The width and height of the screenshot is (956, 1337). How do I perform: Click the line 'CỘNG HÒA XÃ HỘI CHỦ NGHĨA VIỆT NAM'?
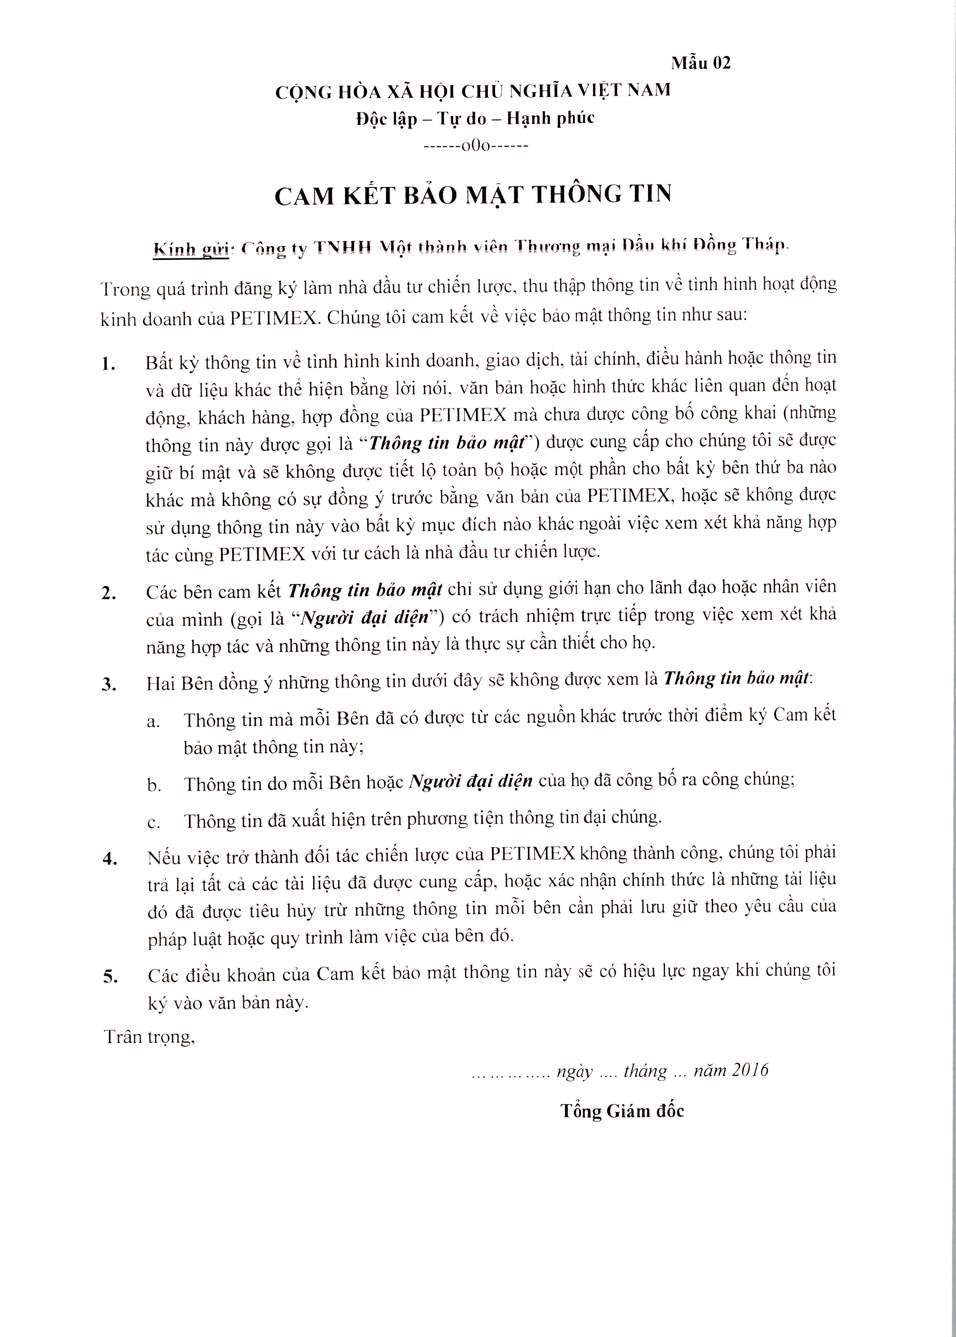coord(473,91)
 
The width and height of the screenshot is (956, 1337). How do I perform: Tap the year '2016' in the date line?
coord(751,1070)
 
